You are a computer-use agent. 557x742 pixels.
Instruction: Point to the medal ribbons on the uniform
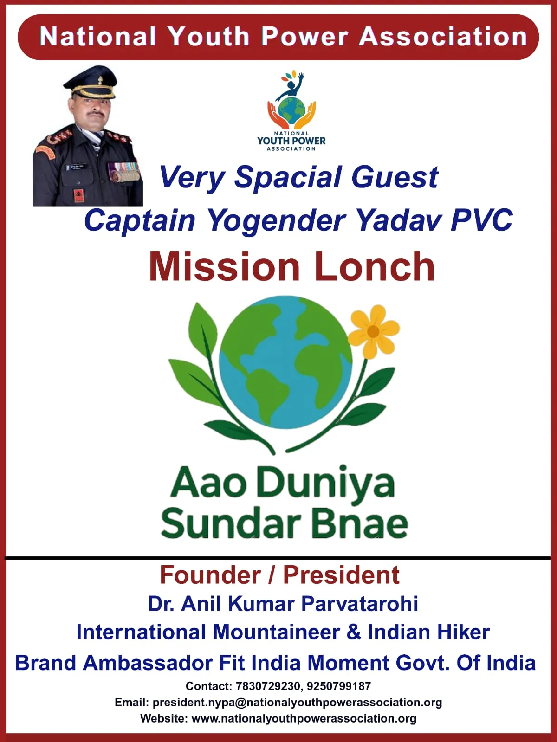click(124, 173)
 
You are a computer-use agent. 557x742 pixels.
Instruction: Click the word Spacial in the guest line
click(288, 177)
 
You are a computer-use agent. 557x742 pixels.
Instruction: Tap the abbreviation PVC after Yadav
click(481, 220)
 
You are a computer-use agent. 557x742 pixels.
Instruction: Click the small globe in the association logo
click(291, 110)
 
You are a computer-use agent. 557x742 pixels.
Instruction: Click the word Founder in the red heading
click(210, 575)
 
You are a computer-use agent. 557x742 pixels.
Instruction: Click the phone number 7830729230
click(268, 686)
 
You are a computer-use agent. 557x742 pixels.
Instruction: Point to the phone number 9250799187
click(339, 686)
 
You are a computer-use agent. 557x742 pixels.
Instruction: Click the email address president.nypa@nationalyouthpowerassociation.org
click(297, 703)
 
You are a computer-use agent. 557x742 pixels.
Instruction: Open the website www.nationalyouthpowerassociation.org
click(304, 718)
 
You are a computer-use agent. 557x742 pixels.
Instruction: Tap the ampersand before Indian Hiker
click(354, 632)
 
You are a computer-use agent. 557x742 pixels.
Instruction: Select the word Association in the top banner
click(443, 37)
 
